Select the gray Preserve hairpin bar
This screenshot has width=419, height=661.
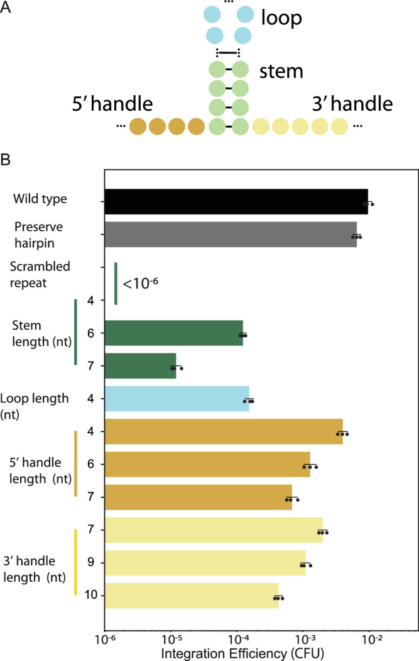pos(230,235)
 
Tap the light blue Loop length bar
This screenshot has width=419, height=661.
pos(177,399)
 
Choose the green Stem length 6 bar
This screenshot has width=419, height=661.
pos(173,333)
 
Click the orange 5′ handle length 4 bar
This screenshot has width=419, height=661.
pos(223,431)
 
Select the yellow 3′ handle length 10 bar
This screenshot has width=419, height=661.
pos(191,595)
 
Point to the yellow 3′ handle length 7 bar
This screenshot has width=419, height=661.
pos(213,530)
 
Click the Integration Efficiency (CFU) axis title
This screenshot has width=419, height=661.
pos(242,653)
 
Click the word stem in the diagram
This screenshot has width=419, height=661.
pos(281,71)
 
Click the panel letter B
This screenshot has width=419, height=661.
pos(8,160)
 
